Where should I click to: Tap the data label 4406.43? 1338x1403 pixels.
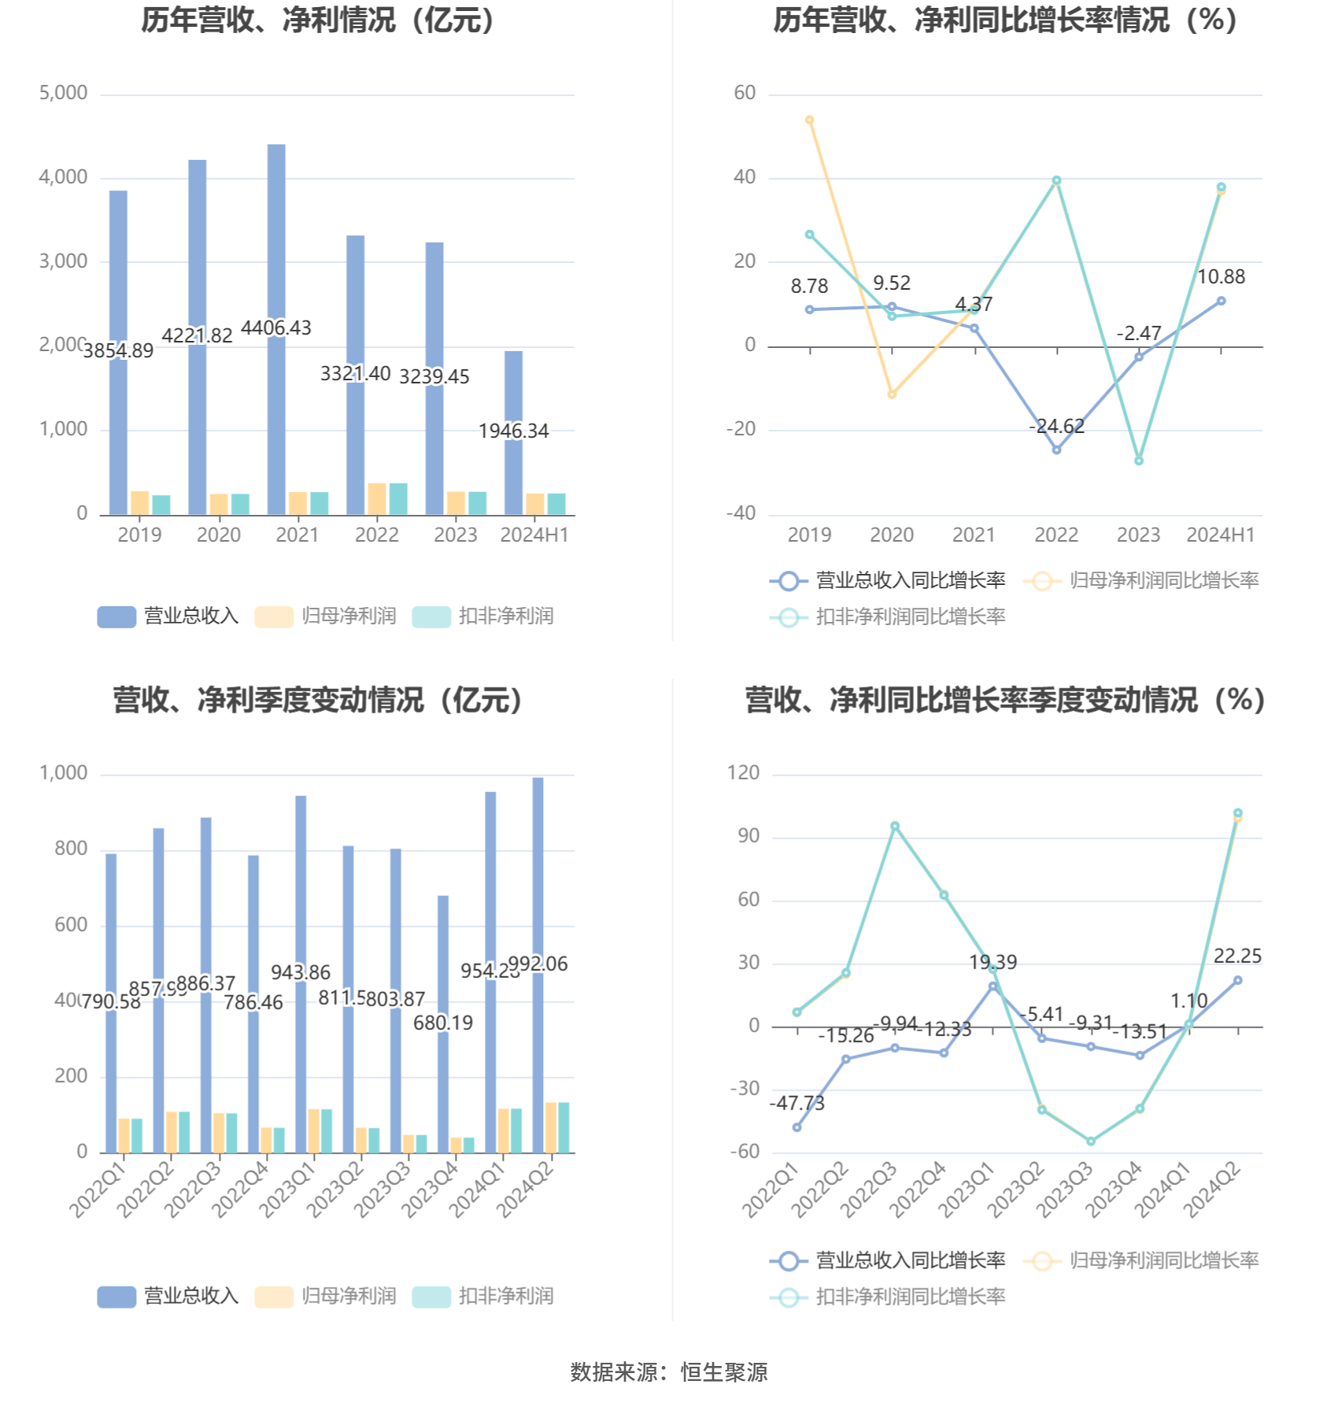click(276, 328)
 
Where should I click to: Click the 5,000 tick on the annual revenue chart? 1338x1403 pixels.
click(64, 93)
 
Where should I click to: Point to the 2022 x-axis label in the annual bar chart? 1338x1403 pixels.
click(376, 535)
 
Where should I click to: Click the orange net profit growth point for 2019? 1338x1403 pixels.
click(810, 120)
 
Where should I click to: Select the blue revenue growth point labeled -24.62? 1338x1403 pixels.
click(1056, 450)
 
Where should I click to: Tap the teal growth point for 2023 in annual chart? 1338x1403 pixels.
click(1139, 461)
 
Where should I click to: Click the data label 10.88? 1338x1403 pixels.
click(1221, 277)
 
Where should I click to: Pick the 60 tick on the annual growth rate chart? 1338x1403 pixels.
click(745, 93)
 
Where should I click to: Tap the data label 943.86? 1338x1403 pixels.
click(301, 972)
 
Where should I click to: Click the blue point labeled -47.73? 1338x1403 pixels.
click(797, 1127)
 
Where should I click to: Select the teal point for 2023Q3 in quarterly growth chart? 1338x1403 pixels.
click(1091, 1141)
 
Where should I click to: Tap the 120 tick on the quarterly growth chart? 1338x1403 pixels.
click(744, 773)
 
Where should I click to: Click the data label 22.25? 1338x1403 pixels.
click(1237, 957)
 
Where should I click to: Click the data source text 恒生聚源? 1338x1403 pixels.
click(724, 1372)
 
